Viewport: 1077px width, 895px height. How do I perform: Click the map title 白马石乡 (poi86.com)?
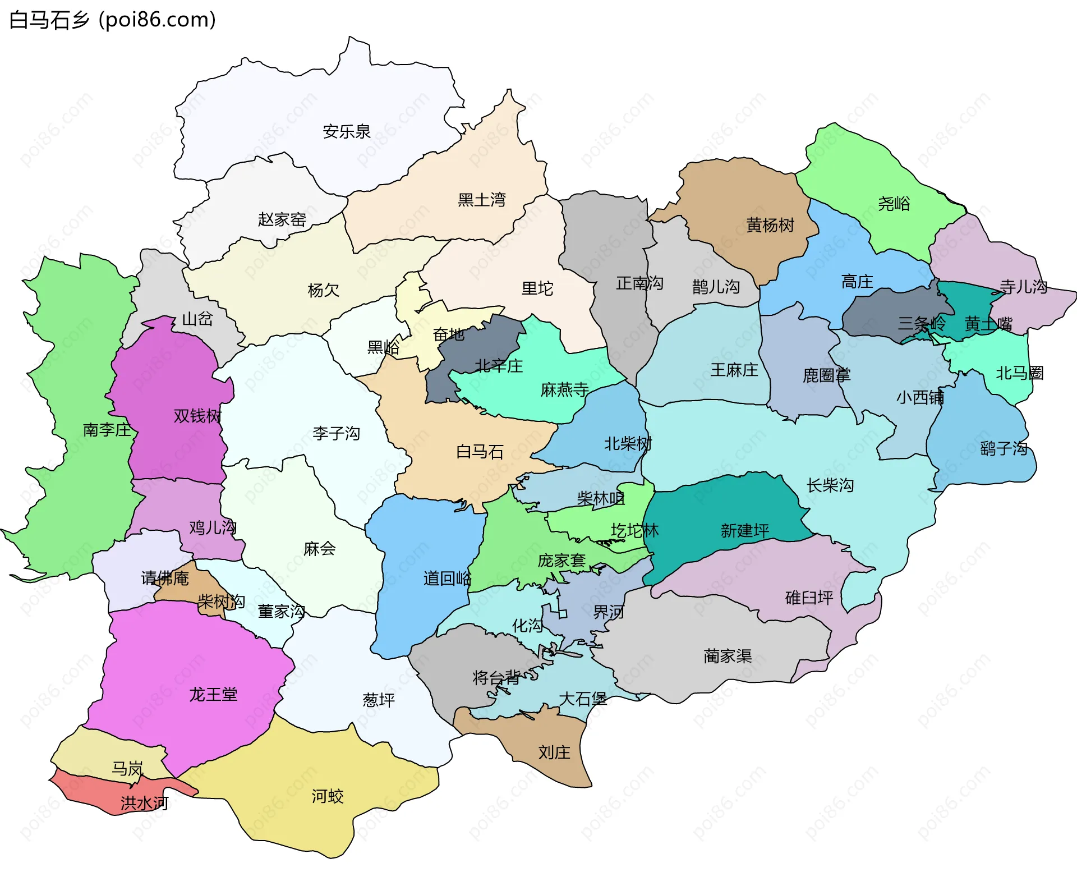tap(112, 20)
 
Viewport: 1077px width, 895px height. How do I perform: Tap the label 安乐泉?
tap(347, 132)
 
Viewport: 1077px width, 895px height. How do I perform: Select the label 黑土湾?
tap(481, 200)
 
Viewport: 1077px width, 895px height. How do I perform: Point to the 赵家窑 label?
tap(282, 219)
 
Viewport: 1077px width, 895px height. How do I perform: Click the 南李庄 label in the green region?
tap(107, 430)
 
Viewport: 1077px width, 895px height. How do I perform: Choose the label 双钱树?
tap(197, 416)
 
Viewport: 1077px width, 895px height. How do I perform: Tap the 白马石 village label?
tap(480, 452)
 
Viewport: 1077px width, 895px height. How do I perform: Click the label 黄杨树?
tap(770, 226)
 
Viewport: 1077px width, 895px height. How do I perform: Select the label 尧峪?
tap(894, 204)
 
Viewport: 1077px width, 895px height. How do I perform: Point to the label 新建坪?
tap(744, 530)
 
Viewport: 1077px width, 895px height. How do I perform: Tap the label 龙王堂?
tap(213, 695)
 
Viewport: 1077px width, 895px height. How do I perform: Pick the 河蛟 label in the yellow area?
tap(328, 796)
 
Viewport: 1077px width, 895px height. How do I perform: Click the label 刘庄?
tap(554, 752)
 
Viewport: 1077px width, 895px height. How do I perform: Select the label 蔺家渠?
tap(728, 656)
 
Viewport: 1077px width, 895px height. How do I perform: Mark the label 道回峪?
tap(447, 579)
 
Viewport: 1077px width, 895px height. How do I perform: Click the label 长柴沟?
tap(830, 485)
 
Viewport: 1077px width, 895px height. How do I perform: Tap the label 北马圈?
tap(1019, 373)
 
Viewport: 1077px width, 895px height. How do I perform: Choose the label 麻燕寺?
tap(564, 389)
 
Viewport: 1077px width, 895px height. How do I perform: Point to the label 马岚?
tap(127, 768)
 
